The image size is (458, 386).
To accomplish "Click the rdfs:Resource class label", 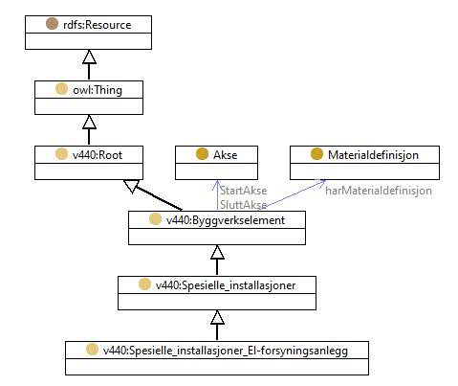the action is click(98, 25).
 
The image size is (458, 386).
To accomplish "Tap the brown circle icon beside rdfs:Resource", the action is click(52, 24).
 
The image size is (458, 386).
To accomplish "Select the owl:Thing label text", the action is click(98, 90).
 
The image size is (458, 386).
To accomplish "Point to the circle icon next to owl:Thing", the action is click(61, 89).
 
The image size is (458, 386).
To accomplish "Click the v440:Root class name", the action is click(98, 155).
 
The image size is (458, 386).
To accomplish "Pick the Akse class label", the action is click(226, 155).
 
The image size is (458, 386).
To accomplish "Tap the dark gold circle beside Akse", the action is click(202, 154).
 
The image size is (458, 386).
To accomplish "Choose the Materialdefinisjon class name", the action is click(373, 155).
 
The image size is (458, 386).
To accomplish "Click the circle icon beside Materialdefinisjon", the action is click(316, 154).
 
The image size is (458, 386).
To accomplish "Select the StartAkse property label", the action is click(244, 191).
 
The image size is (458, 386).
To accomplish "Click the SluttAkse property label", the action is click(244, 205).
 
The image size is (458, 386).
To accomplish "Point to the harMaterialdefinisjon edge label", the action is click(379, 191).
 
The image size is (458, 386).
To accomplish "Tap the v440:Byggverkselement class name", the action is click(226, 220).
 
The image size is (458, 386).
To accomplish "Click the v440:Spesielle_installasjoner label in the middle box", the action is click(226, 285).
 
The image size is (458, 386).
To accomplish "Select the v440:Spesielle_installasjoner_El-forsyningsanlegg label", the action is click(226, 351).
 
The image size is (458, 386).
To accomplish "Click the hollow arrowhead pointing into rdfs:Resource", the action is click(89, 57).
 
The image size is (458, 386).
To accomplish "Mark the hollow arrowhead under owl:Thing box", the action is click(89, 122).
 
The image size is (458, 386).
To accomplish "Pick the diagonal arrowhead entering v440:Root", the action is click(131, 186).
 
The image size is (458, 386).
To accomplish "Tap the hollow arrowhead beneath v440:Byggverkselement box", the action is click(217, 252).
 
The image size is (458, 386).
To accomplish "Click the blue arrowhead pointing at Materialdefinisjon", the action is click(321, 183).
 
